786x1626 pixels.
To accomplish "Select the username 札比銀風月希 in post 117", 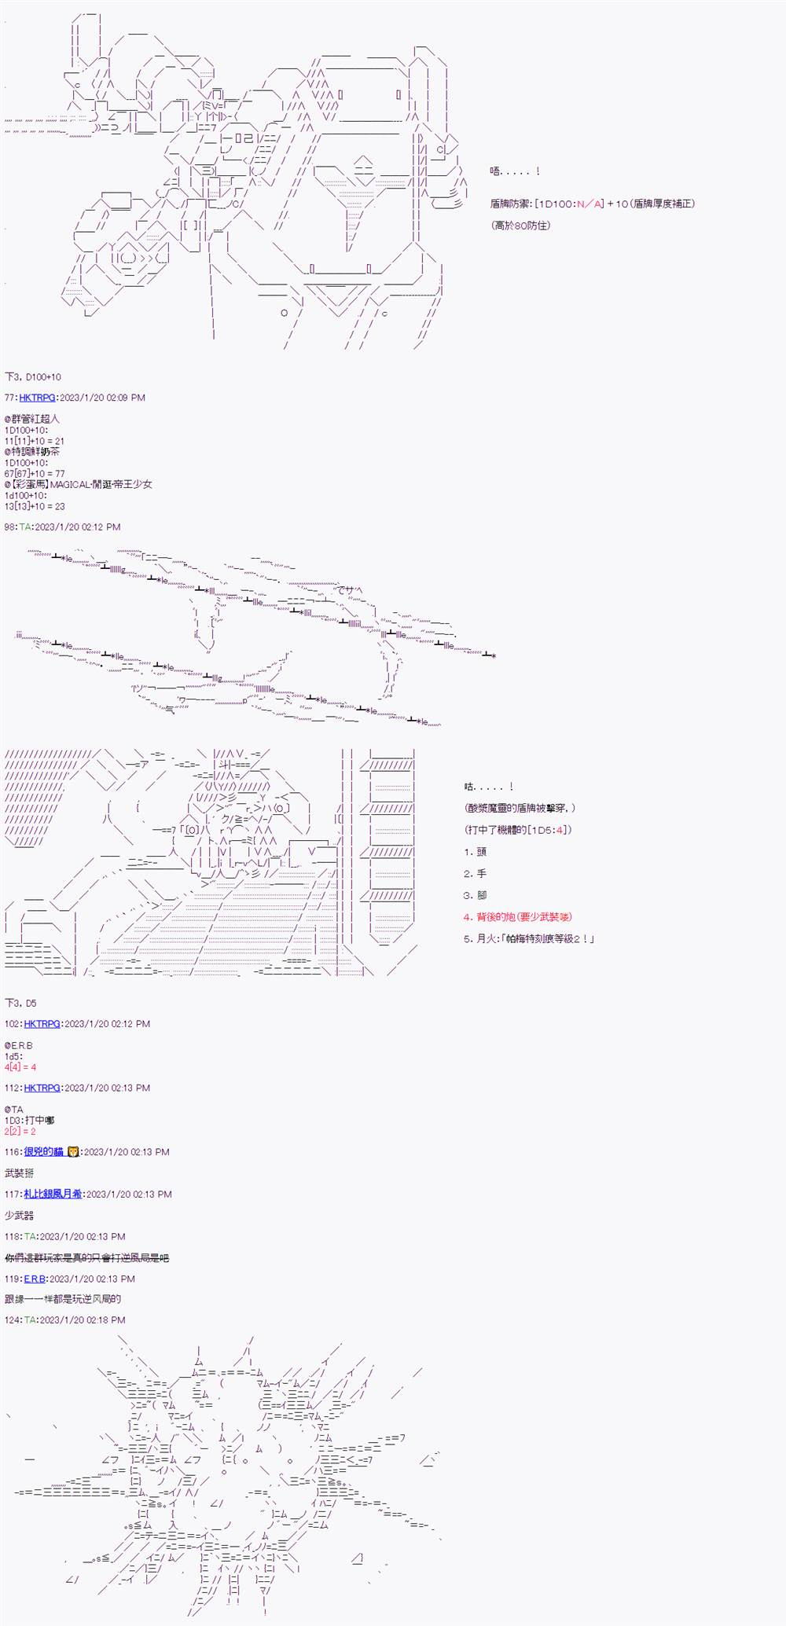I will pyautogui.click(x=53, y=1194).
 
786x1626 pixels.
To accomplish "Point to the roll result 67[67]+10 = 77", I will pyautogui.click(x=35, y=474).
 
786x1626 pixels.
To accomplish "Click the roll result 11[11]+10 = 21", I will pyautogui.click(x=34, y=441).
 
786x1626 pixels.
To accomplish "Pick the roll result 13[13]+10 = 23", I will pyautogui.click(x=35, y=506).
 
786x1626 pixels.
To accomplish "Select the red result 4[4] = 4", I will pyautogui.click(x=20, y=1067).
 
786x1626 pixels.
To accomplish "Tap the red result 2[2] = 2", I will pyautogui.click(x=20, y=1131).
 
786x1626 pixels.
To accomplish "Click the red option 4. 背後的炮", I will pyautogui.click(x=518, y=916).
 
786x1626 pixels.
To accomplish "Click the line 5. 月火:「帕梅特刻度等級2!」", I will pyautogui.click(x=529, y=938).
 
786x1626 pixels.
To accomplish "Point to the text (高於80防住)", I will pyautogui.click(x=520, y=225).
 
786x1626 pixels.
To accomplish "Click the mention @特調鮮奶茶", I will pyautogui.click(x=32, y=452).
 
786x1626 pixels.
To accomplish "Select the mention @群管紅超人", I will pyautogui.click(x=31, y=420).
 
